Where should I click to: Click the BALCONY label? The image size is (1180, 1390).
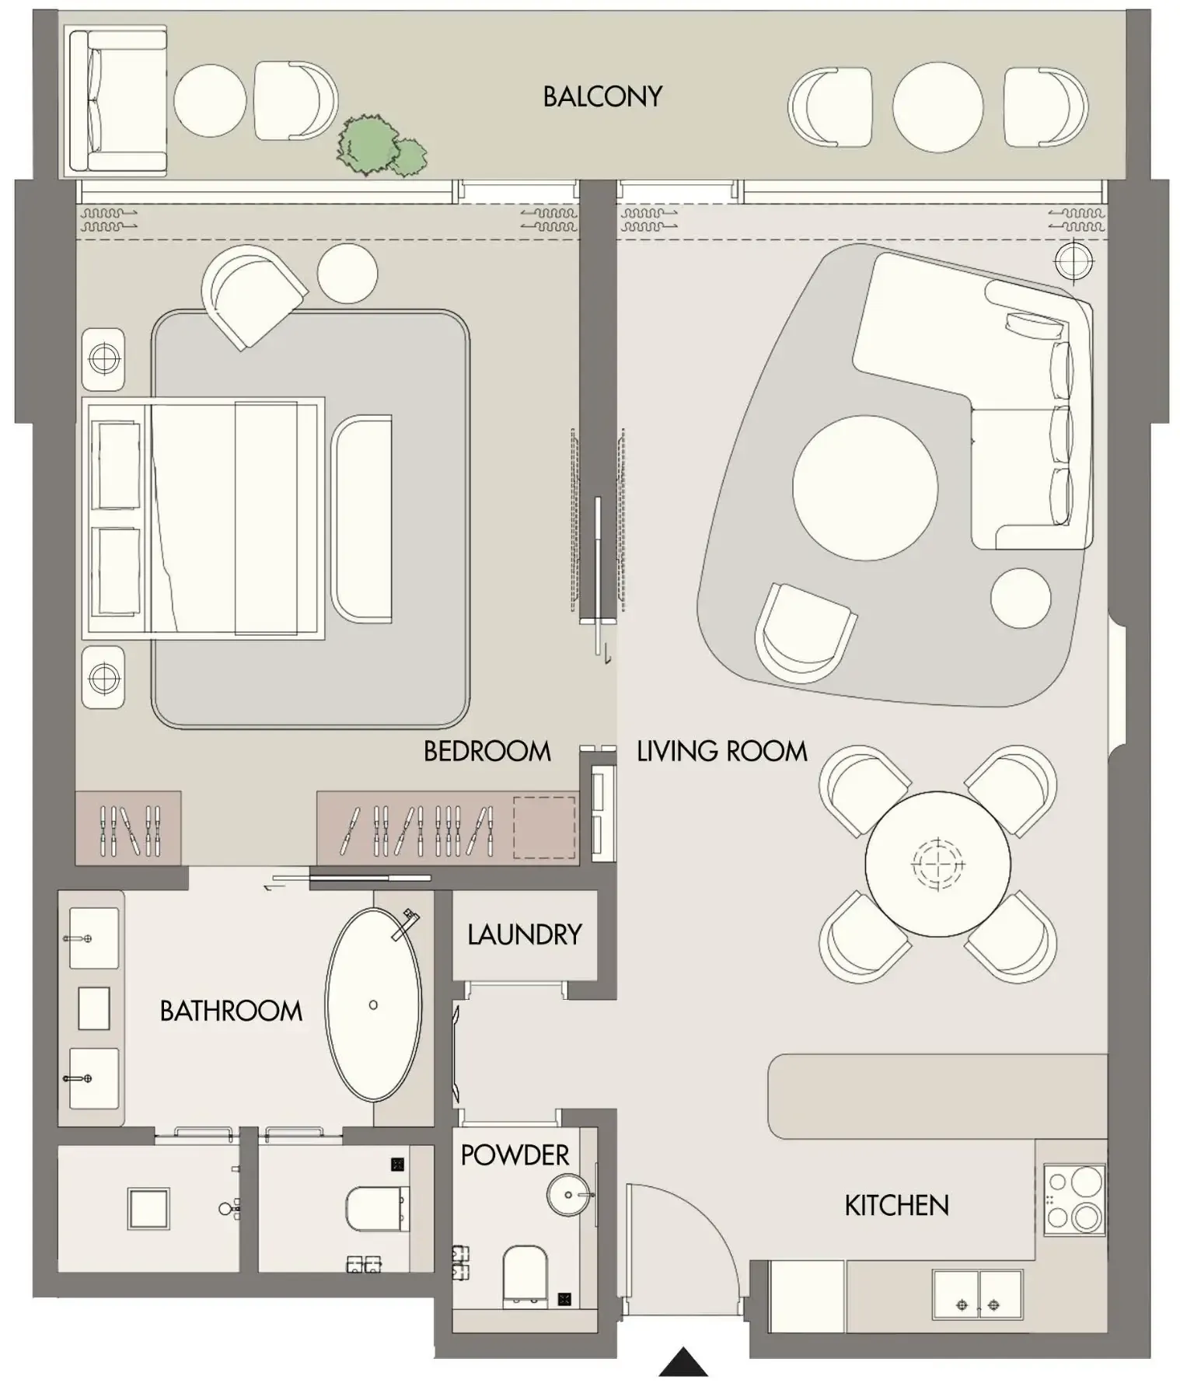(602, 96)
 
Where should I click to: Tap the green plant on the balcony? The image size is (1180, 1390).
(379, 148)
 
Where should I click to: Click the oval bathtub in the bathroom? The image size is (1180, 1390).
(373, 1004)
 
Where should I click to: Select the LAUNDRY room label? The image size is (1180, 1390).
(525, 934)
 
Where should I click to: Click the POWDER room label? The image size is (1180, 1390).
(515, 1155)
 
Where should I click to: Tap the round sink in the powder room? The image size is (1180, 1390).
(569, 1195)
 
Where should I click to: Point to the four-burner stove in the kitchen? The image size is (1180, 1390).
(1074, 1200)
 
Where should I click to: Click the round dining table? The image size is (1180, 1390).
(937, 864)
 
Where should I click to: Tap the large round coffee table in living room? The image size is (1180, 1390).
(864, 487)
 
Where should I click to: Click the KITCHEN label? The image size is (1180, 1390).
(896, 1206)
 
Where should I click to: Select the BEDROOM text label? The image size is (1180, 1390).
(487, 751)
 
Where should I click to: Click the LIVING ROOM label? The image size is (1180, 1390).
(721, 751)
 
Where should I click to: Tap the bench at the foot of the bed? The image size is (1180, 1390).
(362, 519)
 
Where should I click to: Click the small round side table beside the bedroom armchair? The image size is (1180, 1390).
(347, 273)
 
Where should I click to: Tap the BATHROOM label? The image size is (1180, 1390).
(231, 1011)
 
